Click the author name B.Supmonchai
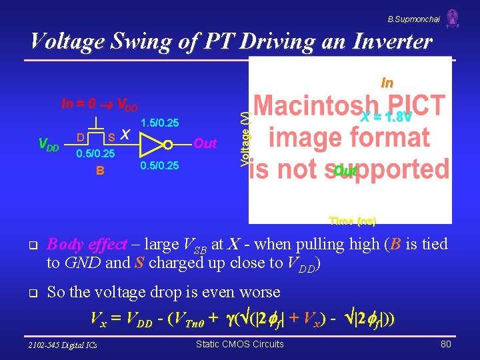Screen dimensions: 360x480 (x=414, y=19)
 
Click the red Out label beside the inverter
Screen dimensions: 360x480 (x=205, y=143)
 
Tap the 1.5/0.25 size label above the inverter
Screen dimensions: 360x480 (x=159, y=123)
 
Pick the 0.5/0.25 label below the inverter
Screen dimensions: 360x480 (x=159, y=166)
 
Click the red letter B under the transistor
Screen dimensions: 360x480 (x=99, y=170)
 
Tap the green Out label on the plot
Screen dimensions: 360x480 (x=345, y=171)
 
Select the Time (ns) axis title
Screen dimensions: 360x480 (x=352, y=220)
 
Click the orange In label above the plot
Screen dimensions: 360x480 (x=387, y=83)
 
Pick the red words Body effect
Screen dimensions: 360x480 (x=87, y=244)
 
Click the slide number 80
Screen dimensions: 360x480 (x=445, y=344)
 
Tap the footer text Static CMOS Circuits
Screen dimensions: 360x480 (x=239, y=344)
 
